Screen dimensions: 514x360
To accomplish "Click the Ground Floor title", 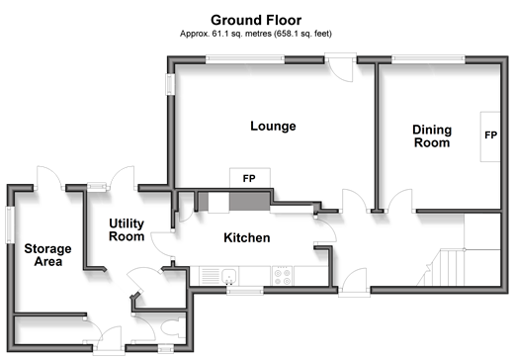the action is [x=256, y=21].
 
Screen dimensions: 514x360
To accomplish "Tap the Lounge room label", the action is [x=273, y=126].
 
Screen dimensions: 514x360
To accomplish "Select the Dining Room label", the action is [x=432, y=136].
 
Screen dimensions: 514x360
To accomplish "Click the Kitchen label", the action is [x=247, y=237].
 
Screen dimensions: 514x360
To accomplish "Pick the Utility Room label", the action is [x=127, y=229].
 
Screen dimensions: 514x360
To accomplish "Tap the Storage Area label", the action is [x=47, y=255].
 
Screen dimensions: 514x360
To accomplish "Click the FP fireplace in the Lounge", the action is [x=250, y=178].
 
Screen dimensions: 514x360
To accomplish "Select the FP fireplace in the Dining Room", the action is [x=490, y=136].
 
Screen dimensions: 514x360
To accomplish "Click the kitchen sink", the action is [x=229, y=276].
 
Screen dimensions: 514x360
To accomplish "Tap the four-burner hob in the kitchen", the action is [x=283, y=277].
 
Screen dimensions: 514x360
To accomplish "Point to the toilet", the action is [x=173, y=327].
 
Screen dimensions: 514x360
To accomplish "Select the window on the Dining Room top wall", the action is [x=428, y=59].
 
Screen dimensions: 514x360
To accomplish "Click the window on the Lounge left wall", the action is [x=170, y=84].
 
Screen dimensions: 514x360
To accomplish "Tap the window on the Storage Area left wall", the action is [x=10, y=225].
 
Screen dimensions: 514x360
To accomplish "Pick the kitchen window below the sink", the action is [x=245, y=291].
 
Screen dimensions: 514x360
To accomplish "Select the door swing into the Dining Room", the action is [x=399, y=201].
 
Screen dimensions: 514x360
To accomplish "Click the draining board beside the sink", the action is [x=210, y=276].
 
